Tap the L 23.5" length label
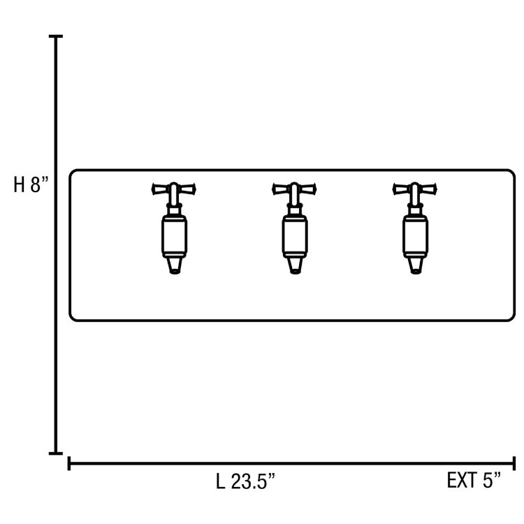[245, 481]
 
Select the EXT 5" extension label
[475, 481]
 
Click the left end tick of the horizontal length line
[69, 463]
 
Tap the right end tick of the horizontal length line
[514, 463]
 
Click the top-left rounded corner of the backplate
[73, 173]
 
